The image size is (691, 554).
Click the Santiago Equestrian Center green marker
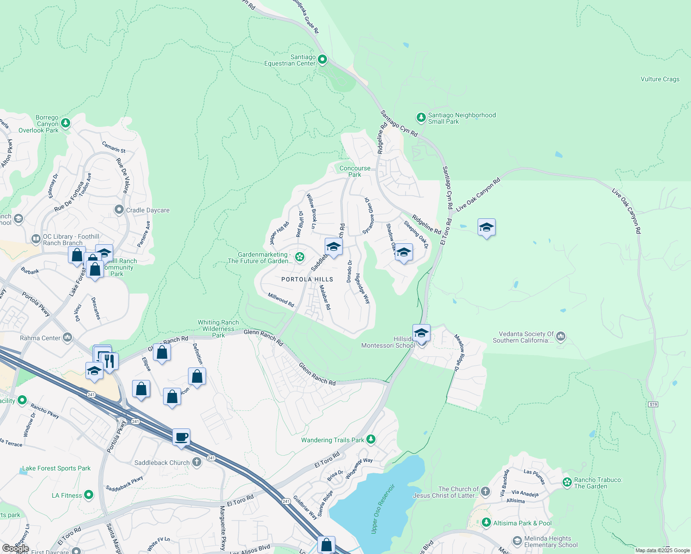pos(322,60)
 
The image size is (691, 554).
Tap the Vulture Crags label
pos(660,79)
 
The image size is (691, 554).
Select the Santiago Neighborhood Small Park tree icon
pos(421,118)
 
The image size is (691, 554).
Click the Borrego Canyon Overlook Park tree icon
pos(66,123)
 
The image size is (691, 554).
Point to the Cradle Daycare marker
pos(119,210)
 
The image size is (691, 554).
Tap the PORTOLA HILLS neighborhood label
pos(307,279)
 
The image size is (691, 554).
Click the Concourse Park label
pos(355,171)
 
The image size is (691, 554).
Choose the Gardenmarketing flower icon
pos(300,257)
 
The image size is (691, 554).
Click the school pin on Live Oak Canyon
pos(486,228)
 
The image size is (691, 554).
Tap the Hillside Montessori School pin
pos(421,333)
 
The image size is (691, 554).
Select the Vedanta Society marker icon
pos(561,336)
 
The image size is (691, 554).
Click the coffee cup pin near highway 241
pos(182,437)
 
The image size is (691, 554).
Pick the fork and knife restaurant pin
pos(109,361)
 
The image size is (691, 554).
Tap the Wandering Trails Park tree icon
pos(371,440)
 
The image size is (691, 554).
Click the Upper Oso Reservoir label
pos(383,509)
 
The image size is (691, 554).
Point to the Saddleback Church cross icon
pos(197,462)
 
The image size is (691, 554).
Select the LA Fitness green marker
pos(89,495)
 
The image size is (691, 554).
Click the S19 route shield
pos(653,404)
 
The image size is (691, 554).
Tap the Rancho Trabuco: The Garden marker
pos(567,482)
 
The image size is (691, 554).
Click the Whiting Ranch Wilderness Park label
pos(218,329)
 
